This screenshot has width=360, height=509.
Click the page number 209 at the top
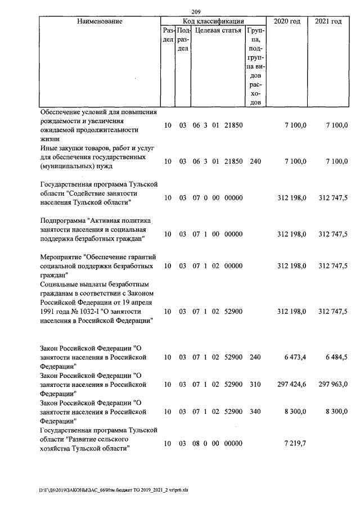point(196,11)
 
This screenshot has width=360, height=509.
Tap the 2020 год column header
point(286,21)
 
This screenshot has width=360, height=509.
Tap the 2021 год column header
point(328,21)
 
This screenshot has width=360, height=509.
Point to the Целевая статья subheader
point(218,31)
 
